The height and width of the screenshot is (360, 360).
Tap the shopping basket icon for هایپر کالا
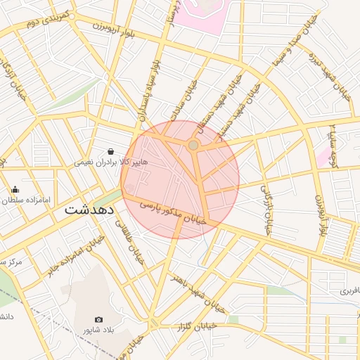point(110,150)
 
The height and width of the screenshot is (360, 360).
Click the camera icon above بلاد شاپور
point(98,320)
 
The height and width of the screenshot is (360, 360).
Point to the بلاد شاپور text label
point(98,330)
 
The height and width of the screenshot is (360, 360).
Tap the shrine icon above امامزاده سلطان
point(15,189)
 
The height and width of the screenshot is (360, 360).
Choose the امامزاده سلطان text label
point(27,200)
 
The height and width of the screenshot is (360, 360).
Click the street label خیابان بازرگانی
point(266,210)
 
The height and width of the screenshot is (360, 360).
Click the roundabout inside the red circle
point(193,145)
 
